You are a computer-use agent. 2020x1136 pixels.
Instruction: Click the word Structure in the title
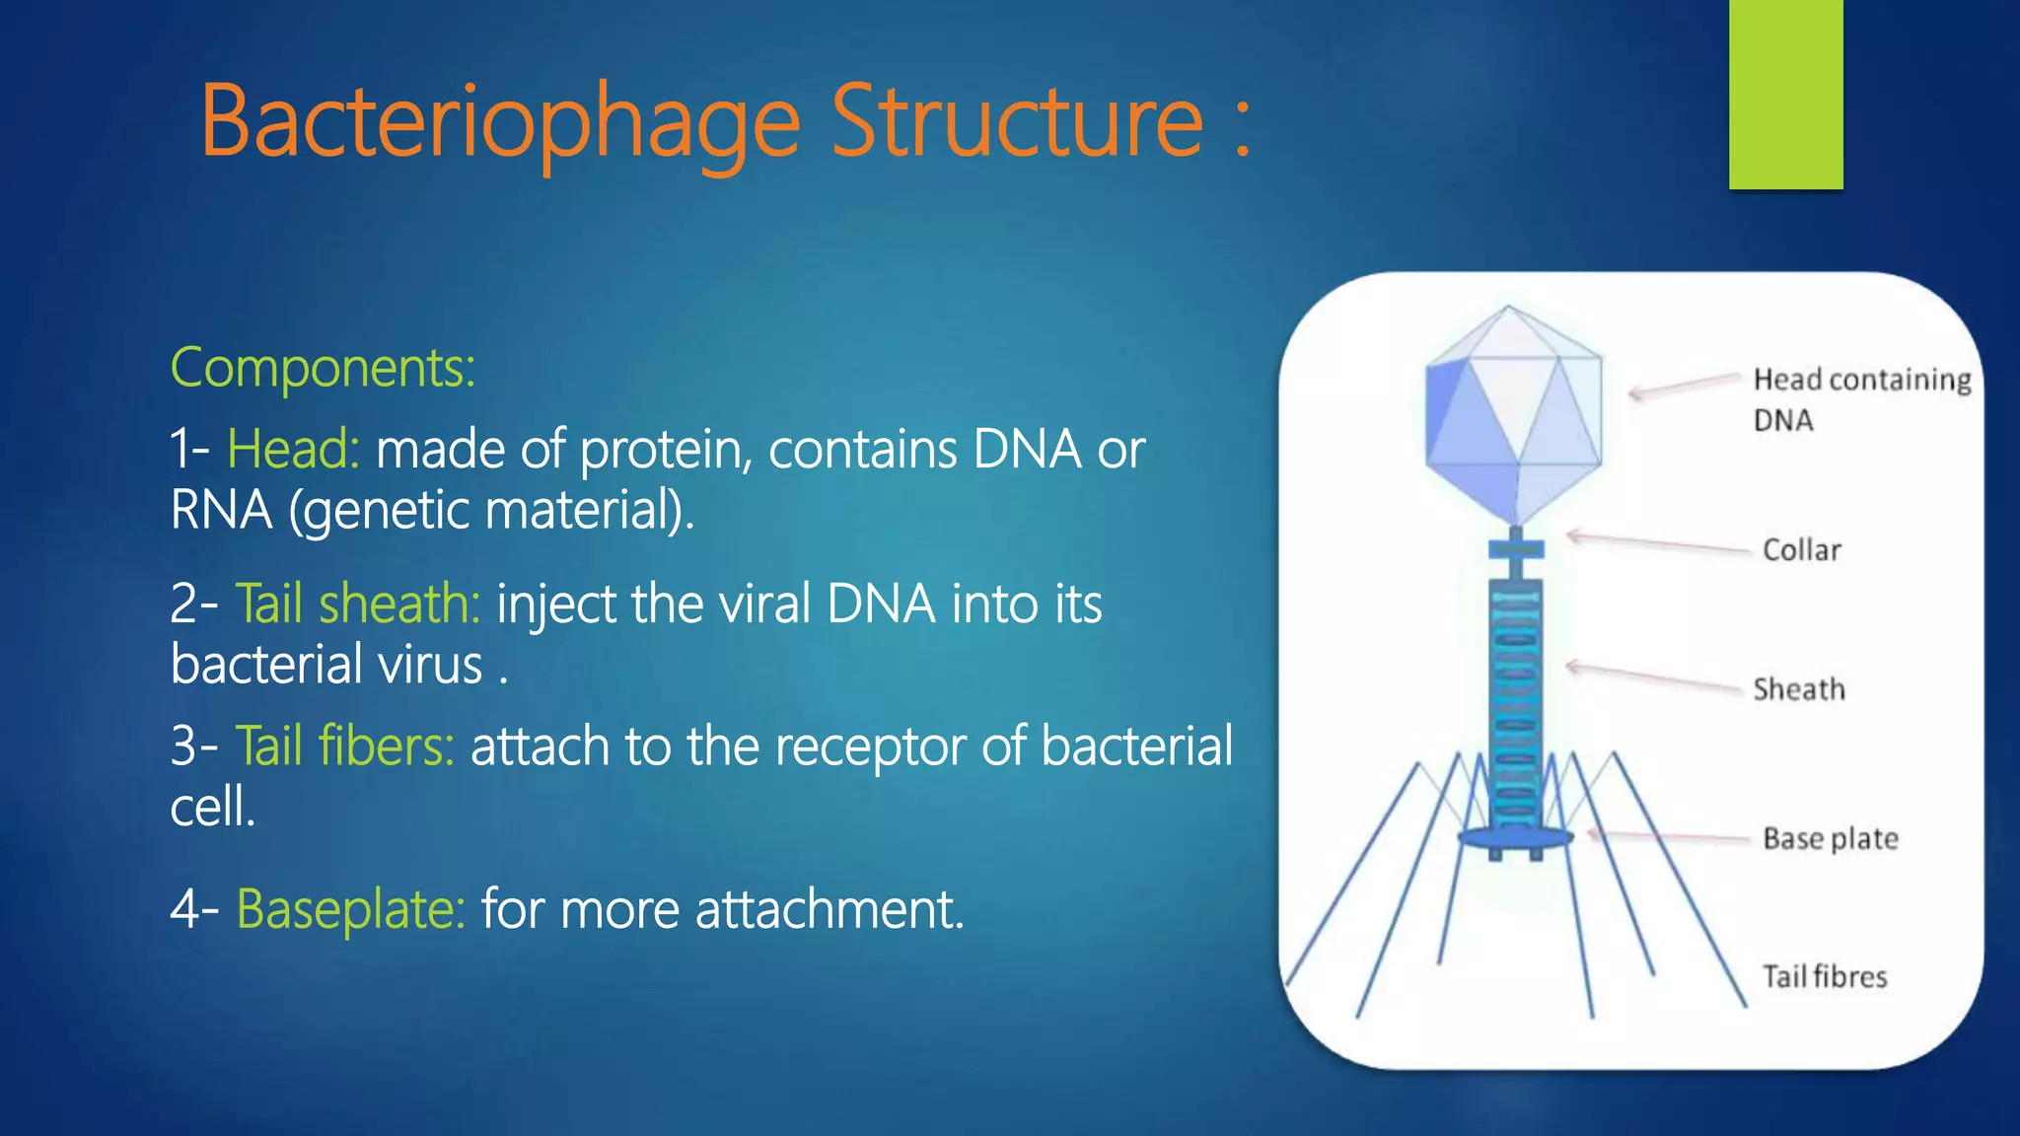pyautogui.click(x=1017, y=122)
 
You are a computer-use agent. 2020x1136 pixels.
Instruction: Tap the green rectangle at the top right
pyautogui.click(x=1785, y=94)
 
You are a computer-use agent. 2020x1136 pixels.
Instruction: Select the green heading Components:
pyautogui.click(x=323, y=368)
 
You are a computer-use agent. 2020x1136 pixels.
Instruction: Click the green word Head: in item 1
pyautogui.click(x=293, y=450)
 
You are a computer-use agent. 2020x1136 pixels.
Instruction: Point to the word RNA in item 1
pyautogui.click(x=220, y=511)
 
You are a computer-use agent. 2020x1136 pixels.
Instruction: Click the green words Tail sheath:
pyautogui.click(x=357, y=603)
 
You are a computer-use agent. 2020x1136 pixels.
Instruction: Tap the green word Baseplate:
pyautogui.click(x=350, y=909)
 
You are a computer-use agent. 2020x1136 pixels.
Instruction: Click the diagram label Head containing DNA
pyautogui.click(x=1860, y=398)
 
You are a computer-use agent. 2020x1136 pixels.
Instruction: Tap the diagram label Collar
pyautogui.click(x=1801, y=550)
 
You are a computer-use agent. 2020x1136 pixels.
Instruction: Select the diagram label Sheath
pyautogui.click(x=1798, y=689)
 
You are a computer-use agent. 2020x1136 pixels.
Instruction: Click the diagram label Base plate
pyautogui.click(x=1830, y=839)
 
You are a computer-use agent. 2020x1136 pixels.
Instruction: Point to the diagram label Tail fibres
pyautogui.click(x=1824, y=977)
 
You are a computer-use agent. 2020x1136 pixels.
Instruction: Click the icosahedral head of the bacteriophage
pyautogui.click(x=1513, y=414)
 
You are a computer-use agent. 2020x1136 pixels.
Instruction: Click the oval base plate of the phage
pyautogui.click(x=1514, y=838)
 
